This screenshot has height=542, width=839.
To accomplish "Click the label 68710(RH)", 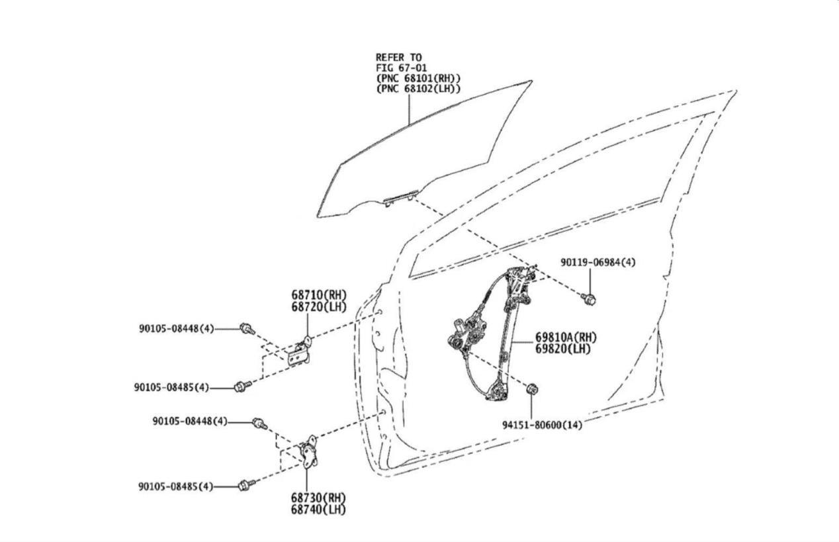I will coord(318,294).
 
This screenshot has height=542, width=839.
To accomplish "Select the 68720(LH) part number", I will coord(318,306).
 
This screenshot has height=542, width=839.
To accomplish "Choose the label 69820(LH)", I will coord(562,349).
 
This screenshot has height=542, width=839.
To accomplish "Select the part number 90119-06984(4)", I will coord(597,262).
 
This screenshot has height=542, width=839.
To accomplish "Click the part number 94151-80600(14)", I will coord(541,425).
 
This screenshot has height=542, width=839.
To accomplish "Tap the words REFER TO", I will coord(398,58).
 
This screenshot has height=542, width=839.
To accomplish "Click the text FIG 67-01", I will coord(401,68).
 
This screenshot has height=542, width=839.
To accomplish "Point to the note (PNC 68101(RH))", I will coord(418,78).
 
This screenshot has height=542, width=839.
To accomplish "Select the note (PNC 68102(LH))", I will coord(418,88).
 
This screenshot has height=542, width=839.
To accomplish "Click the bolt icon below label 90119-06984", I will coord(588,299).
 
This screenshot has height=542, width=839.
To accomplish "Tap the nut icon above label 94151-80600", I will coord(531,388).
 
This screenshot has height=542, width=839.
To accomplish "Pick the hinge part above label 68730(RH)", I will coord(309,453).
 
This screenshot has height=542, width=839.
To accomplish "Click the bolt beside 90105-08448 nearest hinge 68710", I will coord(246,328).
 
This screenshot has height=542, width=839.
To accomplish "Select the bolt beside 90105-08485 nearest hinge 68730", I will coord(247,486).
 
